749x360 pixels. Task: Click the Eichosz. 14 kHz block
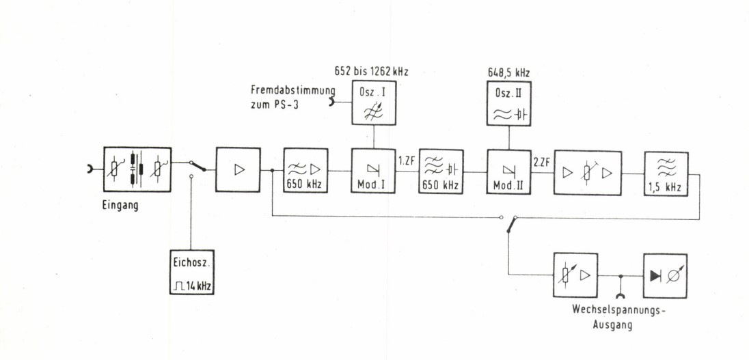click(x=191, y=272)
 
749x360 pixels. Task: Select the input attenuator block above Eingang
click(x=137, y=169)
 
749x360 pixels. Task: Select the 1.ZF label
click(x=406, y=161)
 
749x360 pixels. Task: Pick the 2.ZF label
click(x=541, y=161)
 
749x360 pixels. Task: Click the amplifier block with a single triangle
click(x=238, y=169)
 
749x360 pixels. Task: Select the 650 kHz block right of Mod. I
click(x=441, y=171)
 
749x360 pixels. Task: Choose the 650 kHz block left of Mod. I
click(x=306, y=171)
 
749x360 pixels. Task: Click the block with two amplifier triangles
click(x=587, y=171)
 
